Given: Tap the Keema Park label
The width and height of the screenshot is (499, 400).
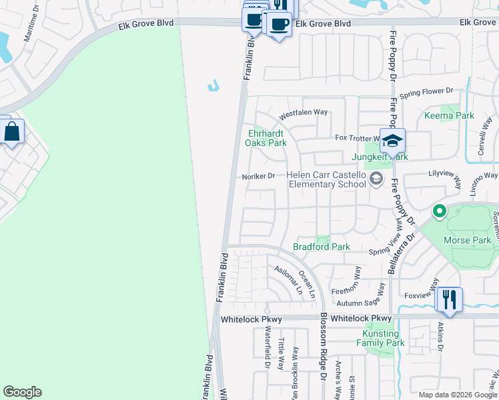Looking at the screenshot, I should pos(449,115).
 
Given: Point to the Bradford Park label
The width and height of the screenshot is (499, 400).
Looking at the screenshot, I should pos(322,247).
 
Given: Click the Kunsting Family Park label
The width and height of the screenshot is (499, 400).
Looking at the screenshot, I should pos(381,338).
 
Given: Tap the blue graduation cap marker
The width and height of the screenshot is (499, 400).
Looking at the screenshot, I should pos(393,140).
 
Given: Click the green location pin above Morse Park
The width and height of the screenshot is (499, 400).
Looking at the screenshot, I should pos(439,212).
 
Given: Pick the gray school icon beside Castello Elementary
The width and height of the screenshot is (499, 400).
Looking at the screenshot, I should pos(376,178).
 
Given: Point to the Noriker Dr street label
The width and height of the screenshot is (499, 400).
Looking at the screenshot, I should pos(260,176).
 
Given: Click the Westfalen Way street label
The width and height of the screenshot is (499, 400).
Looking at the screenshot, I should pos(303,113).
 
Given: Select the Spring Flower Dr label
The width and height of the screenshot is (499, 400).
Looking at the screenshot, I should pos(426,91).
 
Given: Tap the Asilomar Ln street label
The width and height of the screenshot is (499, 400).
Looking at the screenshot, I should pos(288,280).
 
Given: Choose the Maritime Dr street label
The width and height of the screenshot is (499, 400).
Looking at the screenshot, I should pos(32,44).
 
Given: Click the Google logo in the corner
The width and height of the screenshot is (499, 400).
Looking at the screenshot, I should pos(22,392).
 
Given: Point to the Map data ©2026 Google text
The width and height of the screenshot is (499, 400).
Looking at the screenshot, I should pos(458,395).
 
